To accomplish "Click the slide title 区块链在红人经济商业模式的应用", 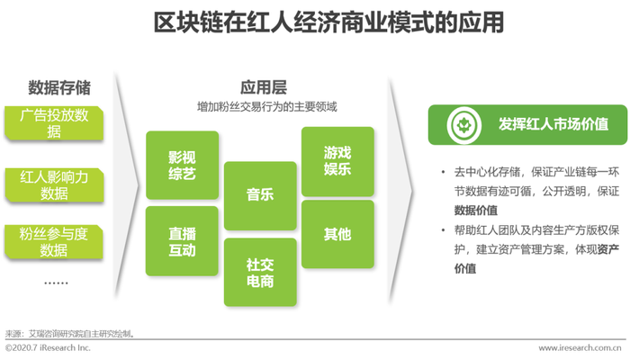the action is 328,22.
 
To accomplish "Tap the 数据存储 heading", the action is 59,87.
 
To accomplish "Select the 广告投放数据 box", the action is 54,123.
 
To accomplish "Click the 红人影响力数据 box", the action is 54,185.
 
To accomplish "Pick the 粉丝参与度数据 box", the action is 54,242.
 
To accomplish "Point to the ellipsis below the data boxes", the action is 56,283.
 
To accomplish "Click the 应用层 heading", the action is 264,87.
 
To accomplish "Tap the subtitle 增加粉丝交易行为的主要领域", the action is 266,107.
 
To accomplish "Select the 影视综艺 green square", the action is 183,165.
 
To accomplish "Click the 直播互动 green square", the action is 182,241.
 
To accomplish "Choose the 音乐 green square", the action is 260,195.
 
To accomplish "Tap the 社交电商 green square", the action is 260,273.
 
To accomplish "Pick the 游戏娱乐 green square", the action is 337,161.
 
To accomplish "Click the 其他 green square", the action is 337,234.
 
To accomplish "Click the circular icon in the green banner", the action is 464,125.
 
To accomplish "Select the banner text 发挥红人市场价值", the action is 553,124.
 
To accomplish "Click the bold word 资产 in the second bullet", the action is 607,249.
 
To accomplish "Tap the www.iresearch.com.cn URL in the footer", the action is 580,348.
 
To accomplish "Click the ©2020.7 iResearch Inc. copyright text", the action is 48,347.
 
